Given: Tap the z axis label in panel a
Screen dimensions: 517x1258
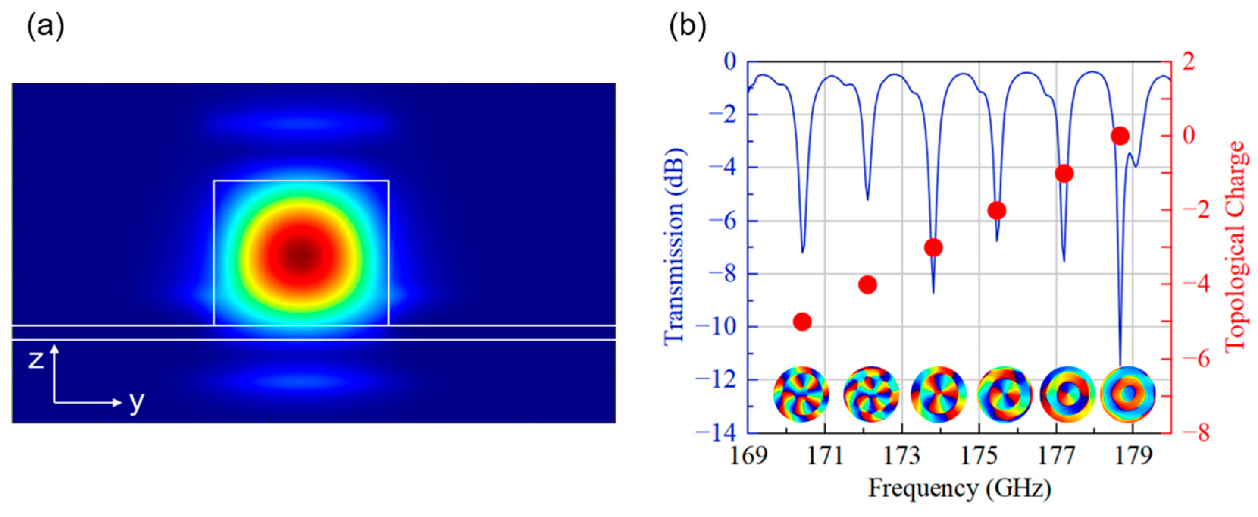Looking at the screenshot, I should tap(36, 360).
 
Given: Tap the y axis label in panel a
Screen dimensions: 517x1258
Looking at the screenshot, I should tap(137, 402).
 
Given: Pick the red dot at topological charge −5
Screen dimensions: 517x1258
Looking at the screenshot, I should tap(803, 322).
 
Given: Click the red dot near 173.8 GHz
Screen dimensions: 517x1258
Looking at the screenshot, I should tap(933, 248).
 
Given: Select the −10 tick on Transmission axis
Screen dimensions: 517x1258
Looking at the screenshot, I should tap(716, 327).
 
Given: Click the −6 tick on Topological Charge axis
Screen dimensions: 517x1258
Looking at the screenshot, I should tap(1195, 359).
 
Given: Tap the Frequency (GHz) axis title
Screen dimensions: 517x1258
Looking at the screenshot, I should tap(959, 488).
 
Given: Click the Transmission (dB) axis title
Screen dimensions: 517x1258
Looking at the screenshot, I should tap(675, 247).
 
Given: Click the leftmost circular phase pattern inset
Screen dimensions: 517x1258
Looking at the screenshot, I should tap(801, 393).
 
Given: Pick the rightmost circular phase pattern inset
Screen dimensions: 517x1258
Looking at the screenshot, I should tap(1128, 393).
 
